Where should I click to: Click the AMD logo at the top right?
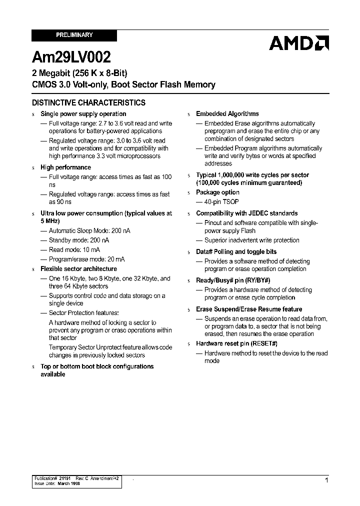[x=298, y=43]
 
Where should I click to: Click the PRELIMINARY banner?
[x=74, y=35]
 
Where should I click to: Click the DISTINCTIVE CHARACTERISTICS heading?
[x=88, y=102]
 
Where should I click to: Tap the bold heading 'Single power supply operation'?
[x=83, y=114]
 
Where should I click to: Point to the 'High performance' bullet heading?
[x=65, y=167]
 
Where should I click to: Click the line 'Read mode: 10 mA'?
[x=74, y=250]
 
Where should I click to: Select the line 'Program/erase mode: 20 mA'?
[x=87, y=259]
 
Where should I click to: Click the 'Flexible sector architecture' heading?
[x=78, y=269]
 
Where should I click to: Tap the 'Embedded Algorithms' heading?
[x=227, y=114]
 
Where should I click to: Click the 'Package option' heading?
[x=217, y=192]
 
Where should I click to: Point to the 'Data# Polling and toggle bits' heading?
[x=236, y=252]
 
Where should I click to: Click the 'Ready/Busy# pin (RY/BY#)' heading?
[x=233, y=280]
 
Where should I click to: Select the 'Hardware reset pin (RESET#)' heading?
[x=236, y=343]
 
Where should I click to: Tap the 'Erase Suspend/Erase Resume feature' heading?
[x=249, y=309]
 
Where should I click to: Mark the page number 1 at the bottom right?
[x=326, y=480]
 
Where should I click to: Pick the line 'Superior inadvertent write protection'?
[x=252, y=240]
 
